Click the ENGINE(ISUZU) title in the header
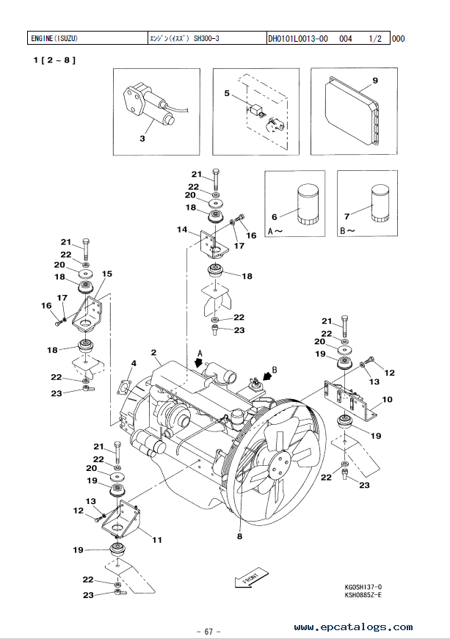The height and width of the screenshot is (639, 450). click(x=54, y=39)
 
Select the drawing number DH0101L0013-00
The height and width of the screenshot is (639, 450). click(x=298, y=39)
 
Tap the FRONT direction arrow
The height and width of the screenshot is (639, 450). click(x=252, y=578)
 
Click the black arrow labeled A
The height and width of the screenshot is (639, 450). click(x=199, y=361)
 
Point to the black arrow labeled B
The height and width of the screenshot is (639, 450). click(x=267, y=376)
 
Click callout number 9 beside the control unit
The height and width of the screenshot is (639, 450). click(x=375, y=81)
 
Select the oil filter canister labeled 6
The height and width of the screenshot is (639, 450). click(x=308, y=204)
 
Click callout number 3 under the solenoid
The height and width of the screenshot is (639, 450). click(x=142, y=139)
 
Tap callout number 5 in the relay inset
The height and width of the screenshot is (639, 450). click(x=227, y=93)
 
